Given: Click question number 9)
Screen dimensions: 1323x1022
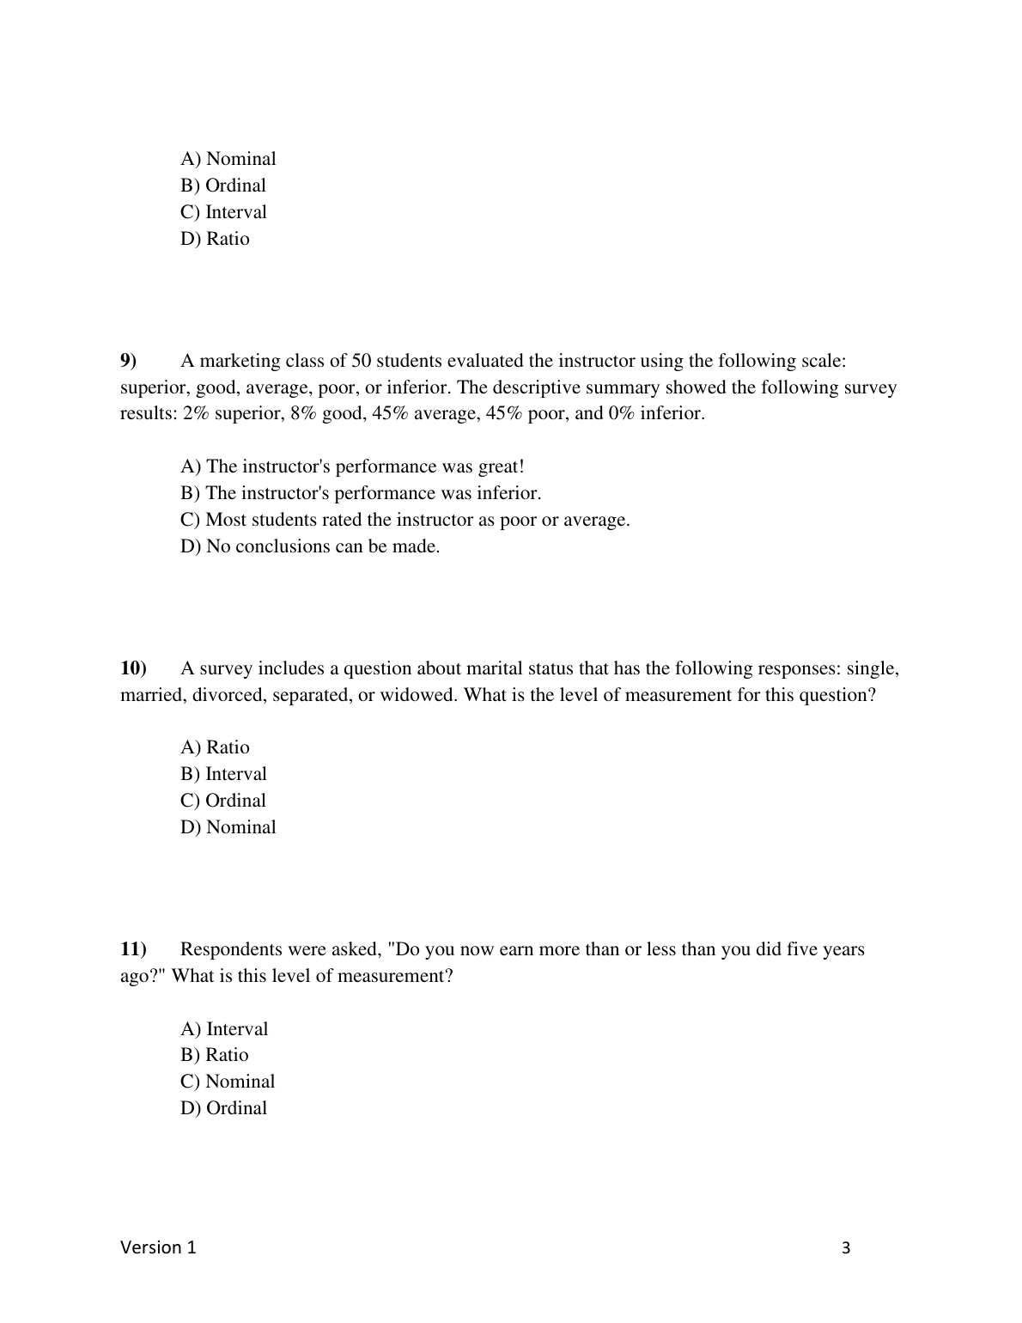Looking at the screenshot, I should point(129,361).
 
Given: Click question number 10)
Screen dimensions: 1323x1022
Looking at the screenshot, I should point(133,668).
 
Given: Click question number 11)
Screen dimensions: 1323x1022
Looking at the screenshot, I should point(133,949).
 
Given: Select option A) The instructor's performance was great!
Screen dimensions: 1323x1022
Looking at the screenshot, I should point(352,466).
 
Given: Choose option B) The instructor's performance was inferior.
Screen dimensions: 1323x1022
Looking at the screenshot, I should point(361,493).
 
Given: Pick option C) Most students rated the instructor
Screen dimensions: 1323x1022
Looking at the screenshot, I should point(405,520).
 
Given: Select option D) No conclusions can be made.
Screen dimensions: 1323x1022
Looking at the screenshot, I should point(310,546).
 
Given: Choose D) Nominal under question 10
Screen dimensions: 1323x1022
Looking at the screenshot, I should point(228,827).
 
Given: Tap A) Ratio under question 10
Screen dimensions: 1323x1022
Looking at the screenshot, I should point(215,747).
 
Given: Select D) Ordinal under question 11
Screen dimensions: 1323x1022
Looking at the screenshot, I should point(223,1108).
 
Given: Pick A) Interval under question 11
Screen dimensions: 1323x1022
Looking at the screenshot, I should point(224,1029).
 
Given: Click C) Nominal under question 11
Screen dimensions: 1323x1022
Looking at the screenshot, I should point(228,1082).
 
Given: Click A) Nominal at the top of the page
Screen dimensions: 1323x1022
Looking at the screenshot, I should point(228,159).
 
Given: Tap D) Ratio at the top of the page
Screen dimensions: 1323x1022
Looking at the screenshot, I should point(215,239).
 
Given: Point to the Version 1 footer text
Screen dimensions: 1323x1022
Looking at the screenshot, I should point(158,1247).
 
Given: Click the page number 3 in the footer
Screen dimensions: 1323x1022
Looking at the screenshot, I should point(846,1248).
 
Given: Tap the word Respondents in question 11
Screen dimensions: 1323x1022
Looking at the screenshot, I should point(233,949).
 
